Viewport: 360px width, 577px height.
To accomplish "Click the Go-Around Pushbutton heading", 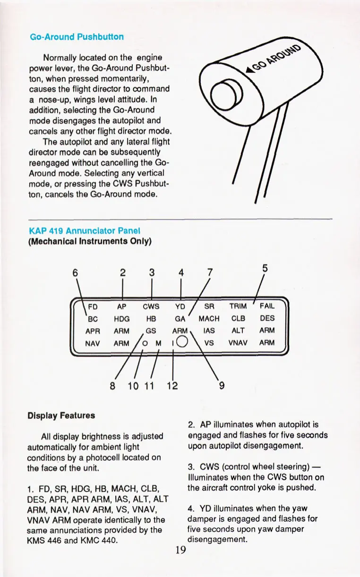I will (77, 37).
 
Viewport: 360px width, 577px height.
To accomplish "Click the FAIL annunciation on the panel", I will (267, 306).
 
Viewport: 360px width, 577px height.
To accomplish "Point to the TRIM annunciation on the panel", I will (238, 306).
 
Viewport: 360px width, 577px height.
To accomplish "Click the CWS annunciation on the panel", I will (151, 306).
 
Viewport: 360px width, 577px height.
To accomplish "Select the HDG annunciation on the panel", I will (122, 318).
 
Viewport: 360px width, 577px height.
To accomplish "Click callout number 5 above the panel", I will (265, 268).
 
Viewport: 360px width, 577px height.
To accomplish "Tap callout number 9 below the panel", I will (222, 385).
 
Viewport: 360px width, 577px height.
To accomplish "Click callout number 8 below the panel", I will (112, 385).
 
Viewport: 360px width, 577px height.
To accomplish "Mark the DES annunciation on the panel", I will (267, 318).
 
